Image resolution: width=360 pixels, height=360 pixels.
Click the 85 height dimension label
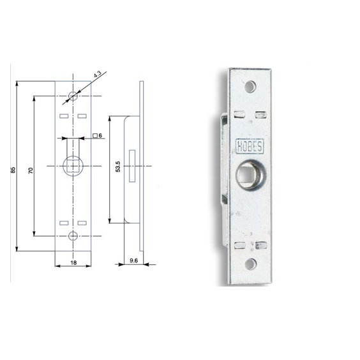pos(13,170)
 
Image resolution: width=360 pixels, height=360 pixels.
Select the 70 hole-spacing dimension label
pos(31,170)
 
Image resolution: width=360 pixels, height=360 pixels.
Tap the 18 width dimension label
pos(73,262)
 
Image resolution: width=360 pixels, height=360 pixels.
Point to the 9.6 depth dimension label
pos(133,260)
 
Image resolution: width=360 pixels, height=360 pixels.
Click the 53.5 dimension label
pos(118,167)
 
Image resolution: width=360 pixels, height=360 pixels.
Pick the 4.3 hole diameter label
pos(98,74)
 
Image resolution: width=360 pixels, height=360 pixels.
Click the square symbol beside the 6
pos(95,136)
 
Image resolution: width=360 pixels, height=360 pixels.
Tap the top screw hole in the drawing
pos(73,96)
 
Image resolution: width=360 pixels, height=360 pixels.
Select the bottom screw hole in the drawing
pos(73,236)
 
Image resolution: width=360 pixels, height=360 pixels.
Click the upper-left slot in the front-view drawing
pos(64,116)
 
